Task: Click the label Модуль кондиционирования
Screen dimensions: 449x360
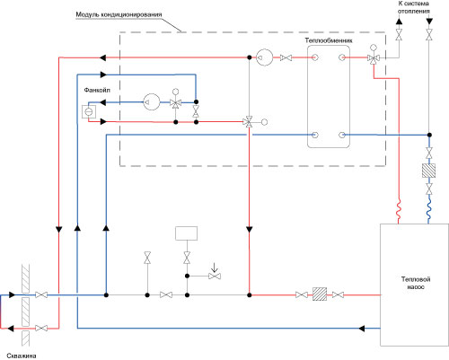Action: (119, 14)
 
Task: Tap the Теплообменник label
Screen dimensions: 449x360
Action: (329, 40)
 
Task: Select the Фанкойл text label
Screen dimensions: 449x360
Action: (97, 90)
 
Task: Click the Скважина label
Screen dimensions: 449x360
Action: (22, 356)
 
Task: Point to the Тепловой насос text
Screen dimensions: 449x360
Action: (416, 283)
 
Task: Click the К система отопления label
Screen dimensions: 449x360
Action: (414, 7)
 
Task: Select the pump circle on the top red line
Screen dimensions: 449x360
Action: (265, 57)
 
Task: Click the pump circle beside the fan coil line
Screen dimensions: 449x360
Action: (152, 102)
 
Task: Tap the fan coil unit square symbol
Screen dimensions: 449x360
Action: (89, 111)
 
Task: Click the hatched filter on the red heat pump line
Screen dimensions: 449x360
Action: (320, 294)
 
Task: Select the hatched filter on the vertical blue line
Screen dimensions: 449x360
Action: (428, 171)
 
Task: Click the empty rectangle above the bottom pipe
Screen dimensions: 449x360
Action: (186, 233)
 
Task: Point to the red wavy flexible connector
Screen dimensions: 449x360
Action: (399, 209)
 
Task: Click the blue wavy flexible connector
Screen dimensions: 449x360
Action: (428, 209)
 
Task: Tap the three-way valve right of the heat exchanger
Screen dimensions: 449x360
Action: (374, 58)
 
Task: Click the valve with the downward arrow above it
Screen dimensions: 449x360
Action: (215, 276)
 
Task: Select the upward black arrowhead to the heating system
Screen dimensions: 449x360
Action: (399, 22)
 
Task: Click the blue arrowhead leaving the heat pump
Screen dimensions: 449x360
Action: (362, 329)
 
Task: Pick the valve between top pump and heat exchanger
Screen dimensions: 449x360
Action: (286, 57)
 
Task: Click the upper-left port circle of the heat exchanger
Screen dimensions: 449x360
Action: (314, 57)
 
